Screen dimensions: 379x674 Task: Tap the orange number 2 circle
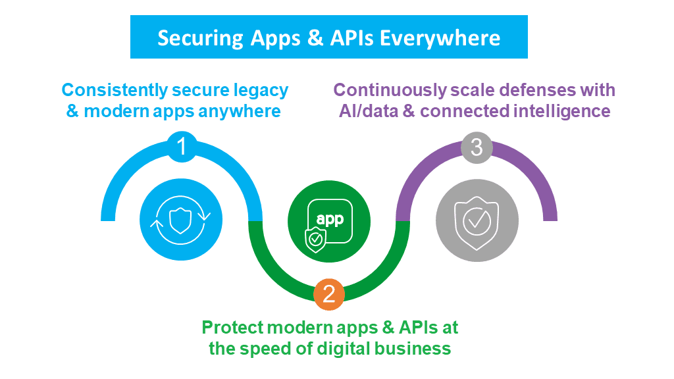[329, 293]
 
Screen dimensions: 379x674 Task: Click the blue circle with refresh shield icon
[180, 220]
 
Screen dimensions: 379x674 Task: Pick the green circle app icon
[329, 220]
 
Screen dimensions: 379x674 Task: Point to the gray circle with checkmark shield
[477, 220]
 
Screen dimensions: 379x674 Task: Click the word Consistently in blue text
[115, 90]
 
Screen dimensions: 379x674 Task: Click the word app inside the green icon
[330, 219]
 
